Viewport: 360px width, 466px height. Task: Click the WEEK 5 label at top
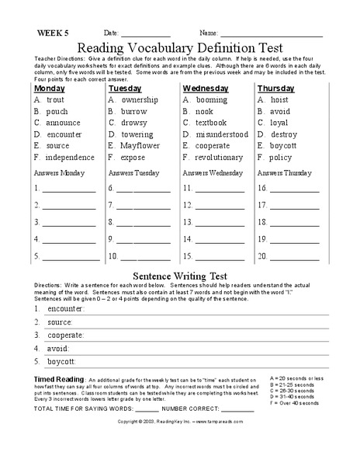click(x=53, y=33)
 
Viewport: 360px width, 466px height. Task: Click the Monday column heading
click(x=50, y=89)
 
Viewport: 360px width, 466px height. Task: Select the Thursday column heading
click(x=276, y=89)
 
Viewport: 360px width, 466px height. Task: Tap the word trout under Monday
click(x=55, y=100)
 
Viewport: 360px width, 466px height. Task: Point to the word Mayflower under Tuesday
click(x=140, y=145)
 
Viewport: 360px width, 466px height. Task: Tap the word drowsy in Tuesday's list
click(x=133, y=123)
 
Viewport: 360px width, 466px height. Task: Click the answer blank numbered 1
click(x=71, y=190)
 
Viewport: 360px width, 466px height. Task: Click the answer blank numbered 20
click(x=293, y=258)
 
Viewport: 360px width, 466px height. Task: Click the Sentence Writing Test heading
click(x=180, y=276)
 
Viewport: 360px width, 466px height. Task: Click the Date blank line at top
click(x=145, y=35)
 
